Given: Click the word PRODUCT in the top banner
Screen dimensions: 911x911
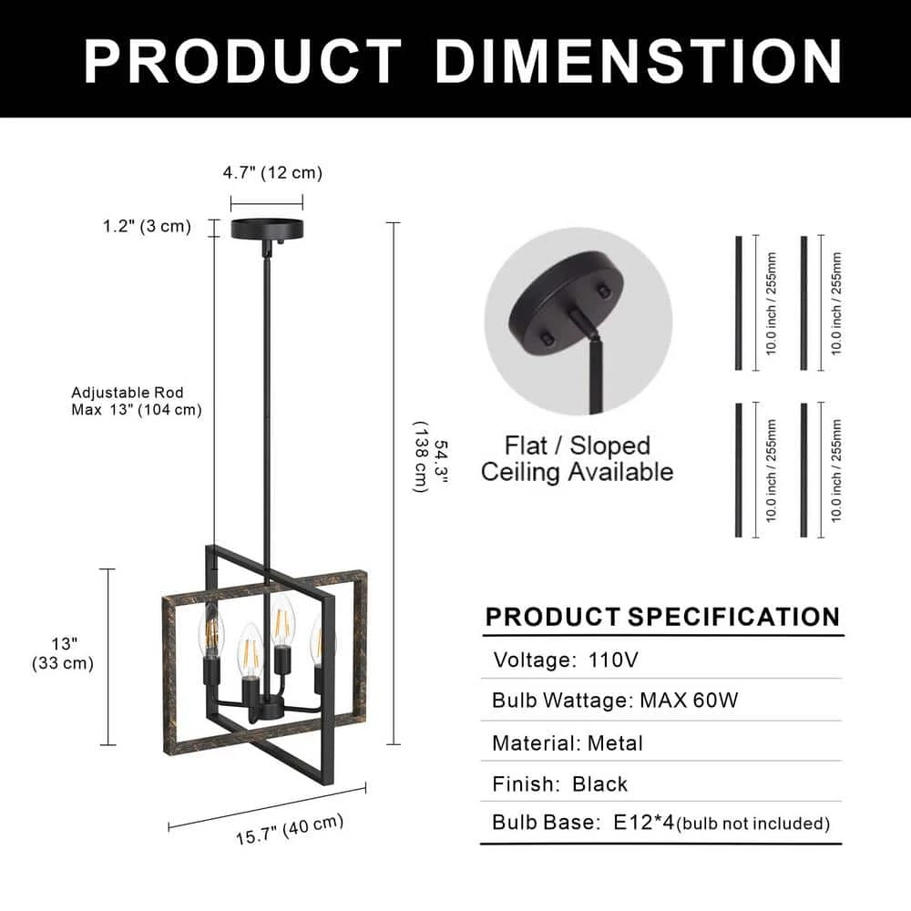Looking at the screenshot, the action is [243, 61].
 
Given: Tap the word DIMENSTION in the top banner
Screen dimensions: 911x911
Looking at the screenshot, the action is [639, 61].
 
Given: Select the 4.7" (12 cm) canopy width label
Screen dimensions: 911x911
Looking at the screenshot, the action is [272, 173].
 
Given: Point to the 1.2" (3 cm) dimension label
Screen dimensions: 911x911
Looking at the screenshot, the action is [147, 226].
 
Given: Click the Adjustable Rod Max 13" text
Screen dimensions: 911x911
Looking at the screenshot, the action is [137, 402].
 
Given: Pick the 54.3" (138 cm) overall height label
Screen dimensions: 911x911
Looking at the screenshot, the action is [431, 466].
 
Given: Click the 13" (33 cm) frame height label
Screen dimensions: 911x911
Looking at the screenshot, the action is [63, 653].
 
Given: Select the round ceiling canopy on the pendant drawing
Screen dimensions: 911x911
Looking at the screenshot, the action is [267, 229].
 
